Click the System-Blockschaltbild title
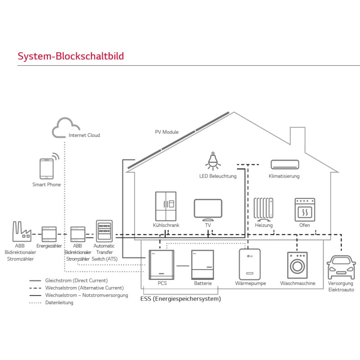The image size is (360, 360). (x=70, y=56)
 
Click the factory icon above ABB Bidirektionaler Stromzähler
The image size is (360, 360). (x=21, y=231)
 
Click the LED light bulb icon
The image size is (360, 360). (x=213, y=160)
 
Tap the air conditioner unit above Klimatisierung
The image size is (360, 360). (x=284, y=165)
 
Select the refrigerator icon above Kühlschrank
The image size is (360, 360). (x=166, y=206)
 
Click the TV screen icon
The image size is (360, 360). (x=208, y=209)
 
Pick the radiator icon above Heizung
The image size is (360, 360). (x=263, y=208)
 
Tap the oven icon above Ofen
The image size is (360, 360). (x=304, y=209)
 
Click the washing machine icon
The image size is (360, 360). (x=297, y=265)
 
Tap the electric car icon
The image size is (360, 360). (x=341, y=267)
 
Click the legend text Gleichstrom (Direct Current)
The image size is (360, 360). (x=76, y=280)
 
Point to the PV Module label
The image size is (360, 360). (x=166, y=132)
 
